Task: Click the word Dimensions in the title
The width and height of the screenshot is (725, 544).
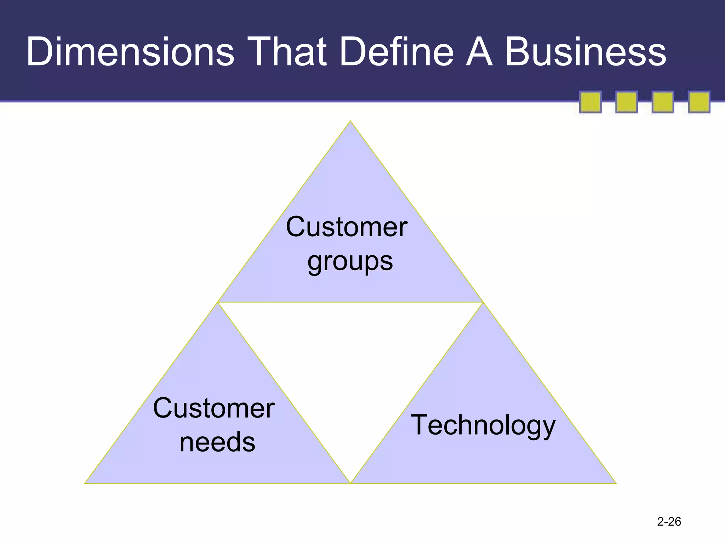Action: pos(130,52)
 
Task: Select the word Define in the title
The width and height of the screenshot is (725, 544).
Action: pos(396,52)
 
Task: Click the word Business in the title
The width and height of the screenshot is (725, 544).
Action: pos(586,52)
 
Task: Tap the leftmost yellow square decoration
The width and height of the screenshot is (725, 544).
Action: pos(590,102)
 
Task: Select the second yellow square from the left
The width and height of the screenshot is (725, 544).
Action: pos(627,102)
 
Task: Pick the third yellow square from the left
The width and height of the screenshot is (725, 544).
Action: pos(663,102)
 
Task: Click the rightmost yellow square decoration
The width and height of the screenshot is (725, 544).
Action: pos(699,102)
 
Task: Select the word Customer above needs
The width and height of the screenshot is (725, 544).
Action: pos(214,408)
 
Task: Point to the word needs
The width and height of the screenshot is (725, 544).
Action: pos(217,442)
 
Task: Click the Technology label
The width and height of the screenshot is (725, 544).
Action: pos(483,425)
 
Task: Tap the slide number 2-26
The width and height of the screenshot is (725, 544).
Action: pos(669,521)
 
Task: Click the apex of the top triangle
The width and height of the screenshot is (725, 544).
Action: pos(350,122)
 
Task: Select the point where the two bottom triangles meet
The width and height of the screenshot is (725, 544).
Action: pos(350,483)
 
